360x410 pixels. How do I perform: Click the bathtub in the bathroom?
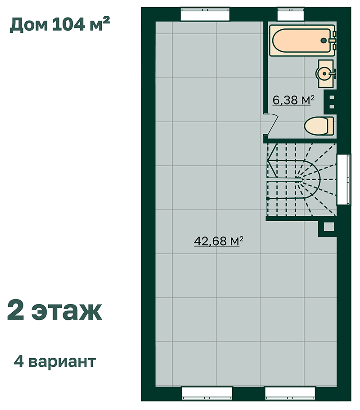[302, 40]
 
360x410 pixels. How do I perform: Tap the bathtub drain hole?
[324, 40]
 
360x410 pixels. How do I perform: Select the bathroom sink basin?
[324, 73]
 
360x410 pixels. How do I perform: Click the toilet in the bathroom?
[319, 126]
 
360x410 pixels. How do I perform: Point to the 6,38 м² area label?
[293, 100]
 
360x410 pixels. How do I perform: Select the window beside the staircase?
[343, 179]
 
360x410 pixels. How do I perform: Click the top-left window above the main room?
[205, 14]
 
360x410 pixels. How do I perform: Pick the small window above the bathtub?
[291, 14]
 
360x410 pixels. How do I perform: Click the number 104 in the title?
[69, 25]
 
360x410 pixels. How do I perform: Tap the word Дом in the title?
[29, 25]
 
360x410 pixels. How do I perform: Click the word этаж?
[67, 311]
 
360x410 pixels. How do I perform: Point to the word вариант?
[62, 362]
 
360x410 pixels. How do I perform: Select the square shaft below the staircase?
[328, 227]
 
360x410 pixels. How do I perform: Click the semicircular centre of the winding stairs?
[311, 180]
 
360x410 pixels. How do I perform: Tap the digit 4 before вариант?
[19, 361]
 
